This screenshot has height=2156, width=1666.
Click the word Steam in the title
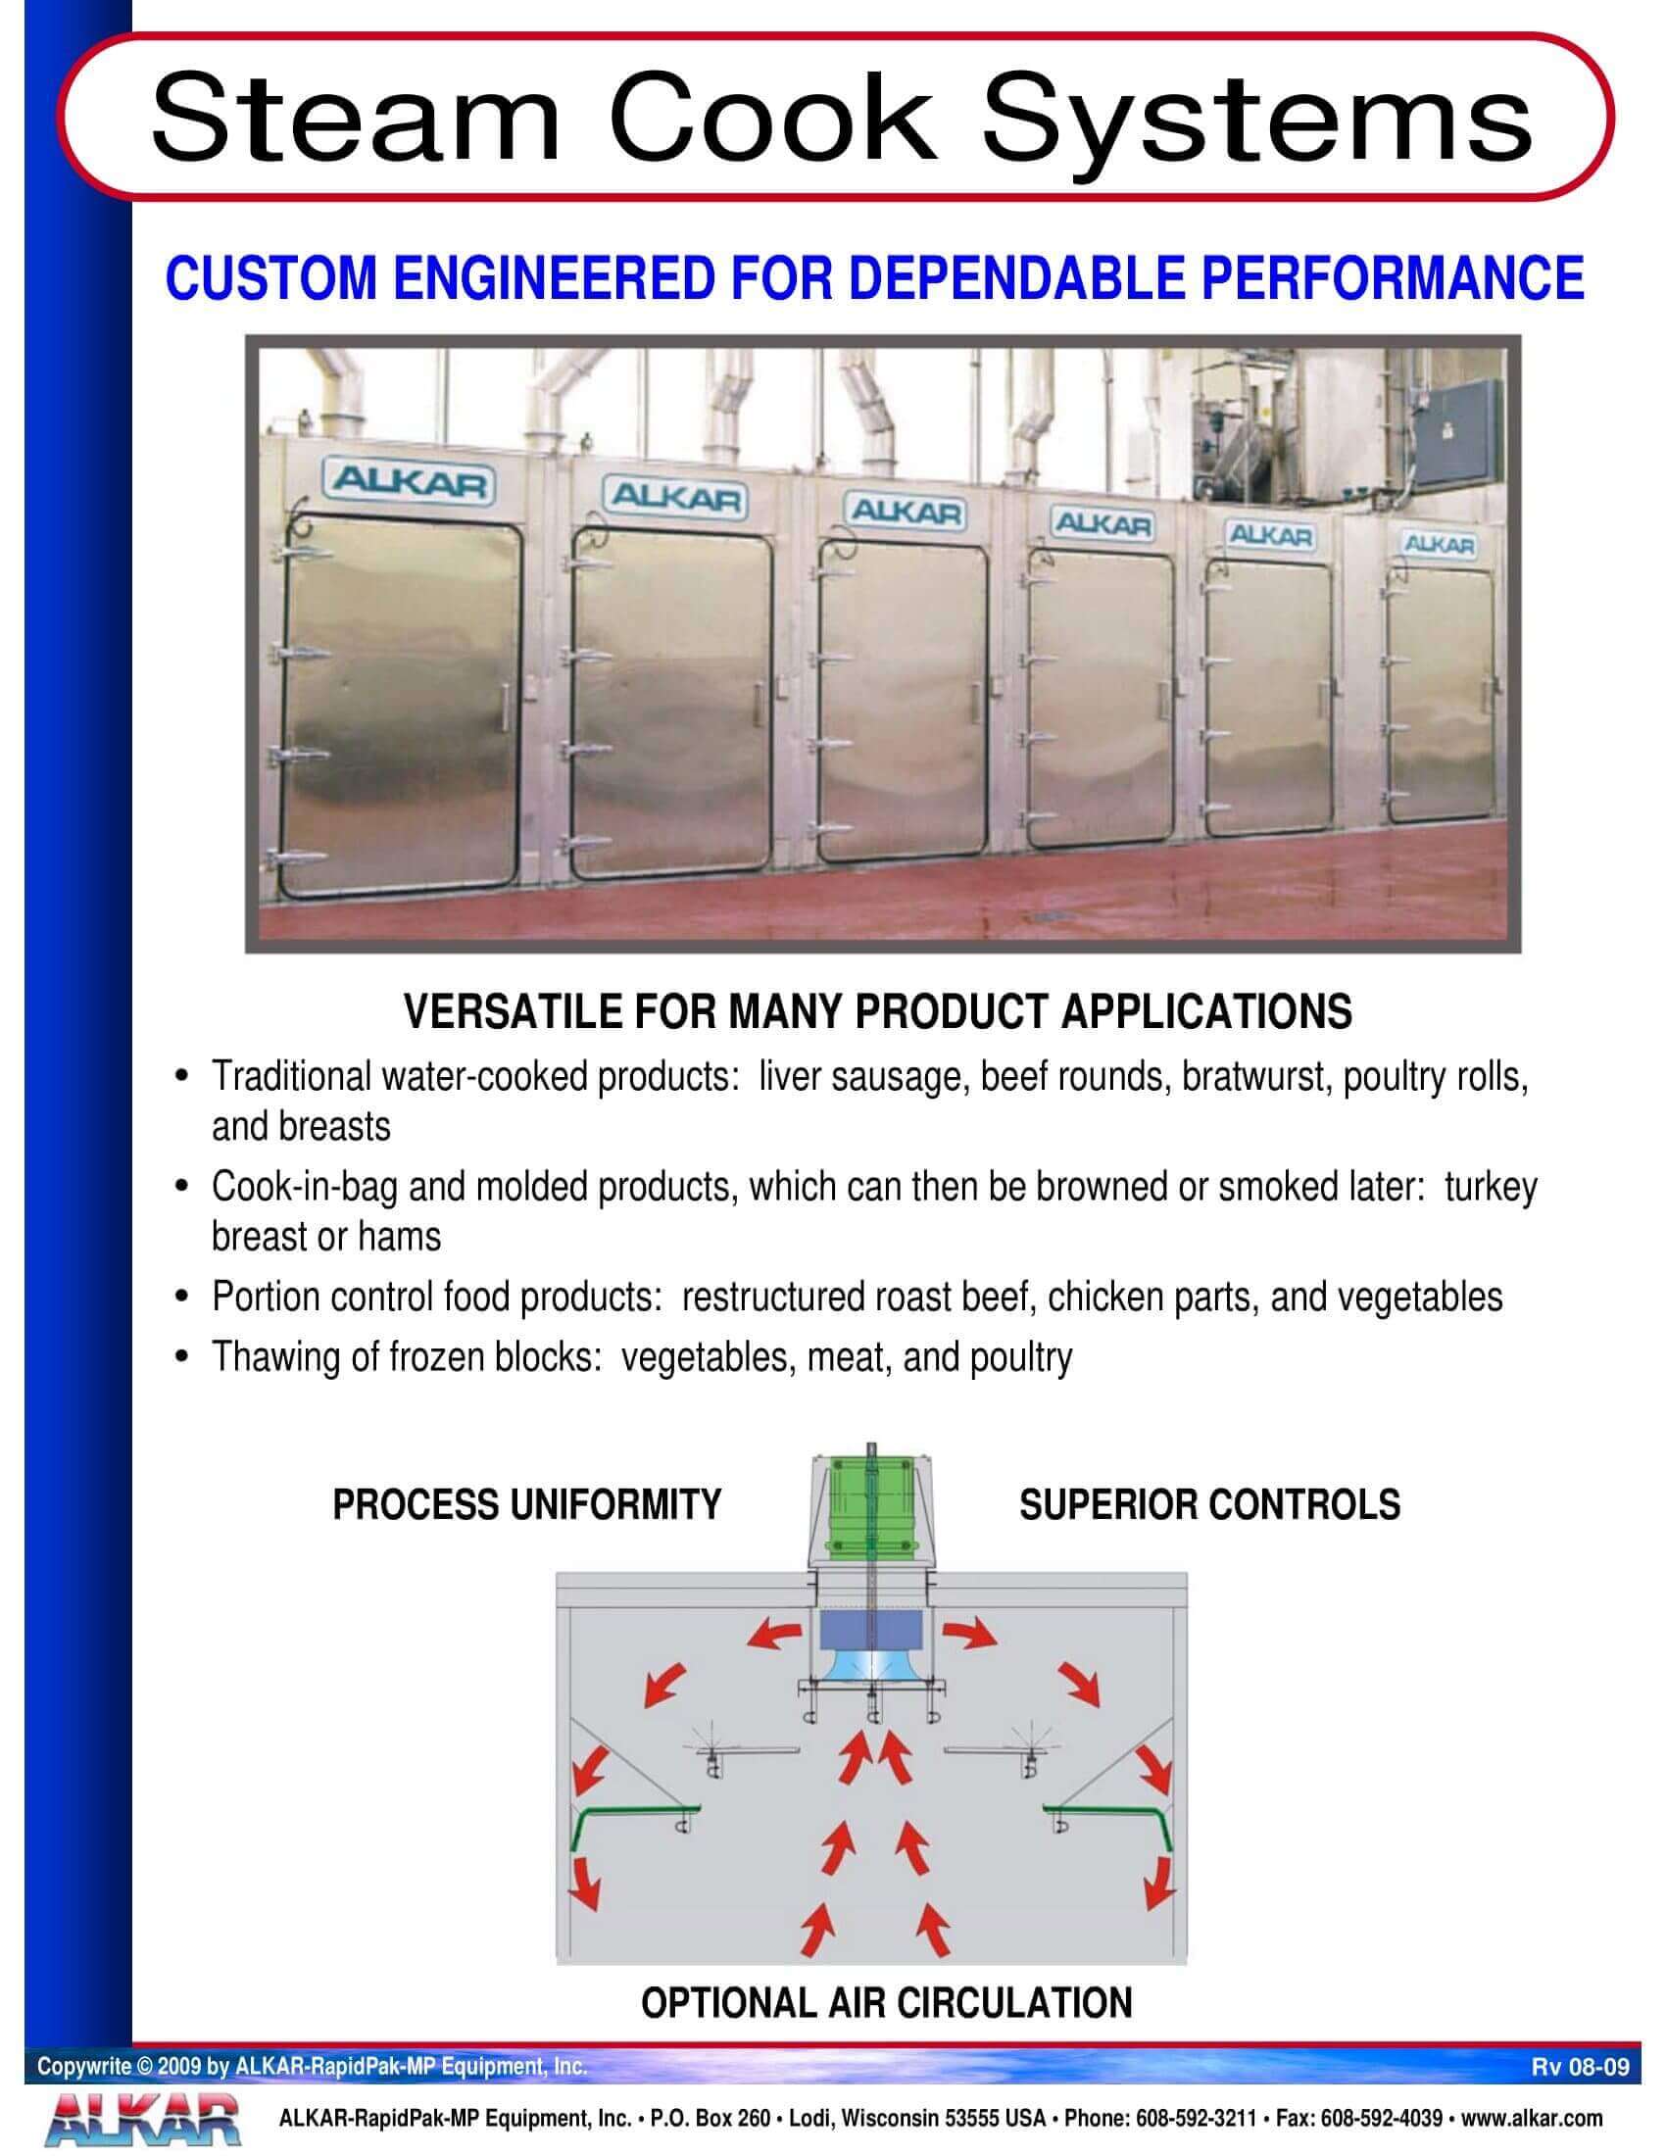pyautogui.click(x=355, y=118)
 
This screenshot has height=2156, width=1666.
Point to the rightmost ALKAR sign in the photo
pyautogui.click(x=1439, y=543)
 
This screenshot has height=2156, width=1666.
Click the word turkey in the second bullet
pyautogui.click(x=1491, y=1187)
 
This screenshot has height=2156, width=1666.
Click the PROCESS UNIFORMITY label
pyautogui.click(x=527, y=1504)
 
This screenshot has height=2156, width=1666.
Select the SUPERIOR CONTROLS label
pyautogui.click(x=1209, y=1504)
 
